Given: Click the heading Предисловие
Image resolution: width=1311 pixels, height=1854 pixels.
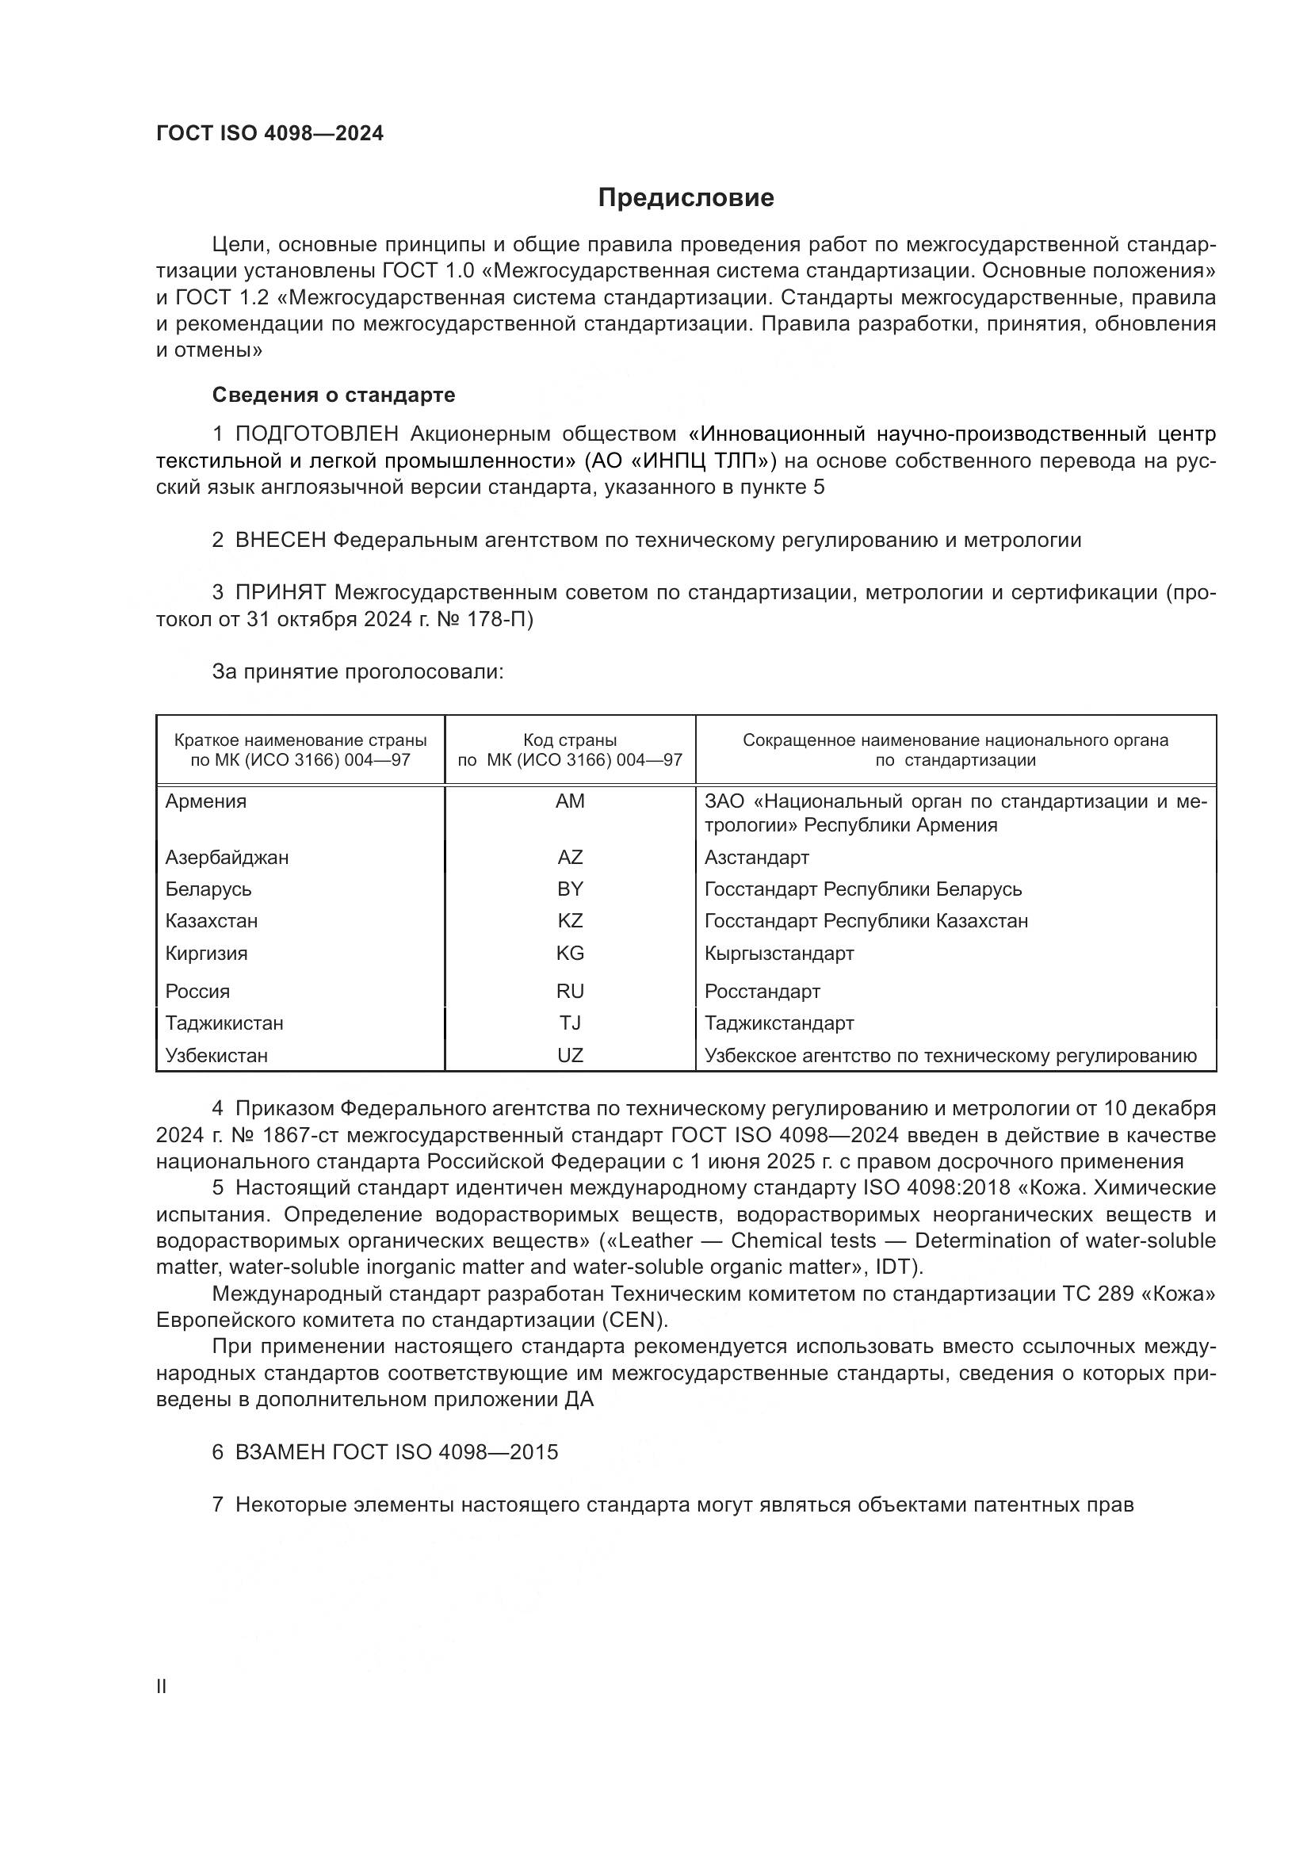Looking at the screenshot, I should (x=686, y=198).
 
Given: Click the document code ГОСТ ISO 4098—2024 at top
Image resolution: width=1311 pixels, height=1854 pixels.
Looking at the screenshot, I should (x=269, y=134).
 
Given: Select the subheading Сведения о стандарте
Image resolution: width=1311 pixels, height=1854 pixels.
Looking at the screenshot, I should (x=334, y=395).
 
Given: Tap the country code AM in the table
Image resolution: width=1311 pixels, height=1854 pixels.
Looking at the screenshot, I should (x=570, y=801).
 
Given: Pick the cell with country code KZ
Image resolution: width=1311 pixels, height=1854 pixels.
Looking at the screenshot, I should (x=570, y=920).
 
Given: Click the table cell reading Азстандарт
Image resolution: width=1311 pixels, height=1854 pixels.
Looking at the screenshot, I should (x=756, y=858).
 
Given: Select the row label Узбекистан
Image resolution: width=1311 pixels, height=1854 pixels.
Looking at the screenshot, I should (x=216, y=1055).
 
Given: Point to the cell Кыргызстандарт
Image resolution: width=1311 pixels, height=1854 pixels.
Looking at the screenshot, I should (x=779, y=953).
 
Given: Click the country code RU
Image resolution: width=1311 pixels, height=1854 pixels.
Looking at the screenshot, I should (x=570, y=991).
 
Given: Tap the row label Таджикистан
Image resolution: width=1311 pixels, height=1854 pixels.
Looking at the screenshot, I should (x=224, y=1023).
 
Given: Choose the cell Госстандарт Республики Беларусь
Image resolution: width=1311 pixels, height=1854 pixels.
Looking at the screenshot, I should (x=863, y=889).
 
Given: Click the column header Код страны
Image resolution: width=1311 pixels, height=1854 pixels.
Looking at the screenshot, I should (x=570, y=740).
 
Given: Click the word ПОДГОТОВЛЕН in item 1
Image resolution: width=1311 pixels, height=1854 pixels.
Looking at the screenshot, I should (x=316, y=434).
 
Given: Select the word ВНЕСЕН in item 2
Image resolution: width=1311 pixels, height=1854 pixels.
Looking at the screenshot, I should (x=280, y=541).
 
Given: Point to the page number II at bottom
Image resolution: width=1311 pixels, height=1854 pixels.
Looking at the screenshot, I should (x=162, y=1687).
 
